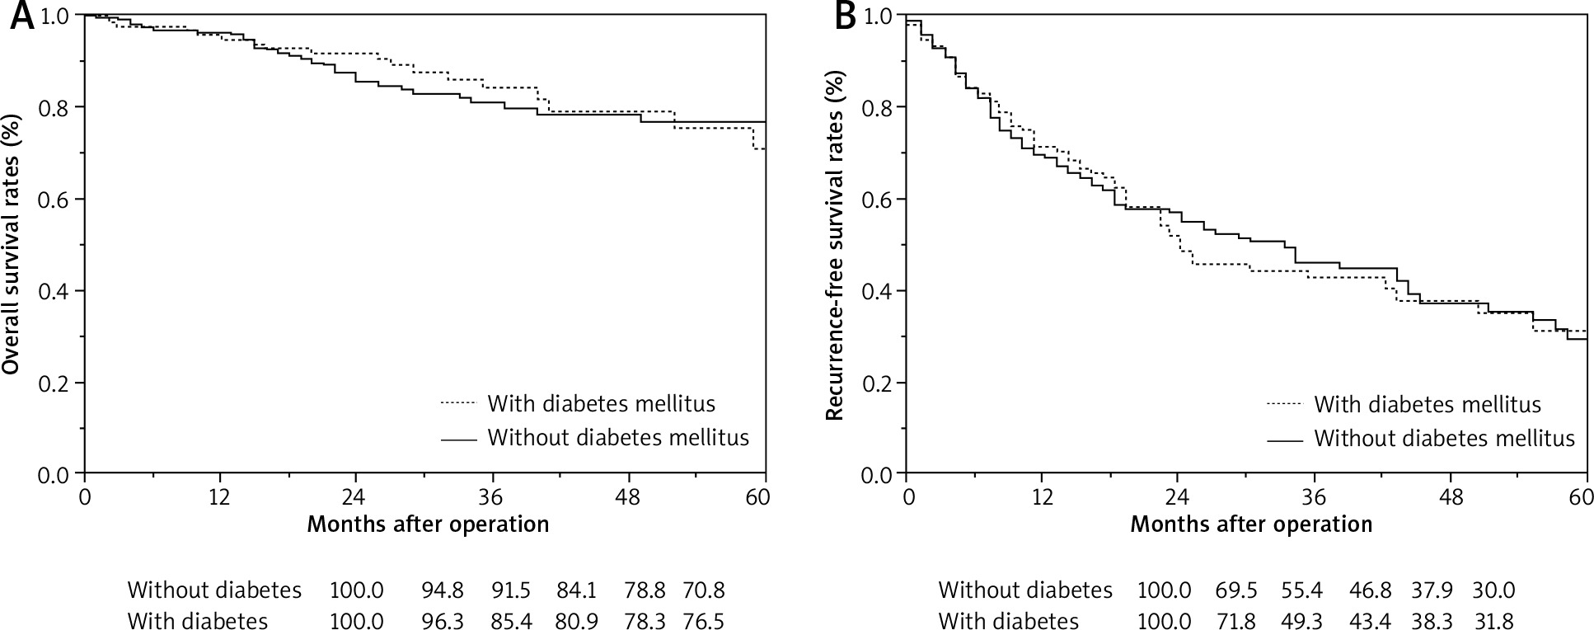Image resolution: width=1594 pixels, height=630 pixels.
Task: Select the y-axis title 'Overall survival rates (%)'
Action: click(12, 245)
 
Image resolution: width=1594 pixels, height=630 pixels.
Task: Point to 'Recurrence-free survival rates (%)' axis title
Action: click(835, 245)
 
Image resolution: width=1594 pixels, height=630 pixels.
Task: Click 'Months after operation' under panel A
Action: click(428, 524)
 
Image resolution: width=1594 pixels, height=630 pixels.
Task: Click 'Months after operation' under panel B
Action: click(1250, 524)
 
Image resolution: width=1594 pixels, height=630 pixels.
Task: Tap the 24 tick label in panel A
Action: click(355, 498)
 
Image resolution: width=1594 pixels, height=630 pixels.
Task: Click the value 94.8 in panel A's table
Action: click(441, 590)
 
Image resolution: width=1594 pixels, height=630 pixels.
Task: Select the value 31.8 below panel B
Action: click(1493, 621)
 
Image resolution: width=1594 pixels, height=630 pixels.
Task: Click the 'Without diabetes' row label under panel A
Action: click(214, 590)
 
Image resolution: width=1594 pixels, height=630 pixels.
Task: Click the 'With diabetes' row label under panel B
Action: click(1008, 621)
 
